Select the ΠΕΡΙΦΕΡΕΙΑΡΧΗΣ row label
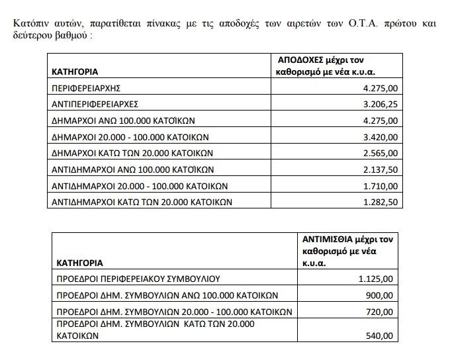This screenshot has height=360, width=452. click(85, 88)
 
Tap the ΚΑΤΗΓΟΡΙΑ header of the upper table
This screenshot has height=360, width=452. click(75, 71)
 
